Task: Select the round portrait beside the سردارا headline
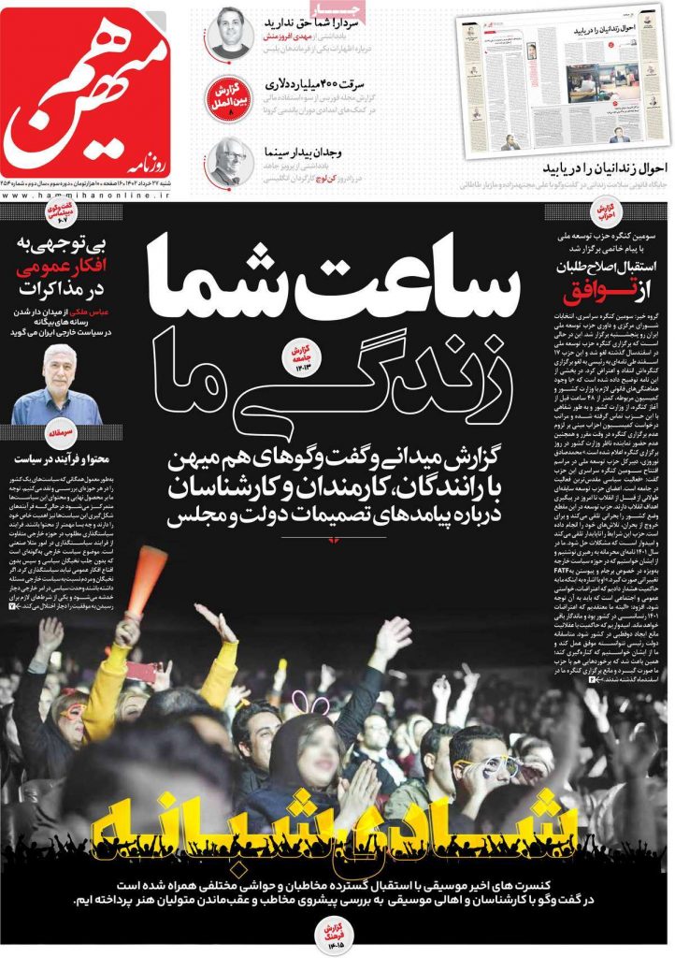coord(230,33)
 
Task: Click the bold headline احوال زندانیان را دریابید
coord(606,169)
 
